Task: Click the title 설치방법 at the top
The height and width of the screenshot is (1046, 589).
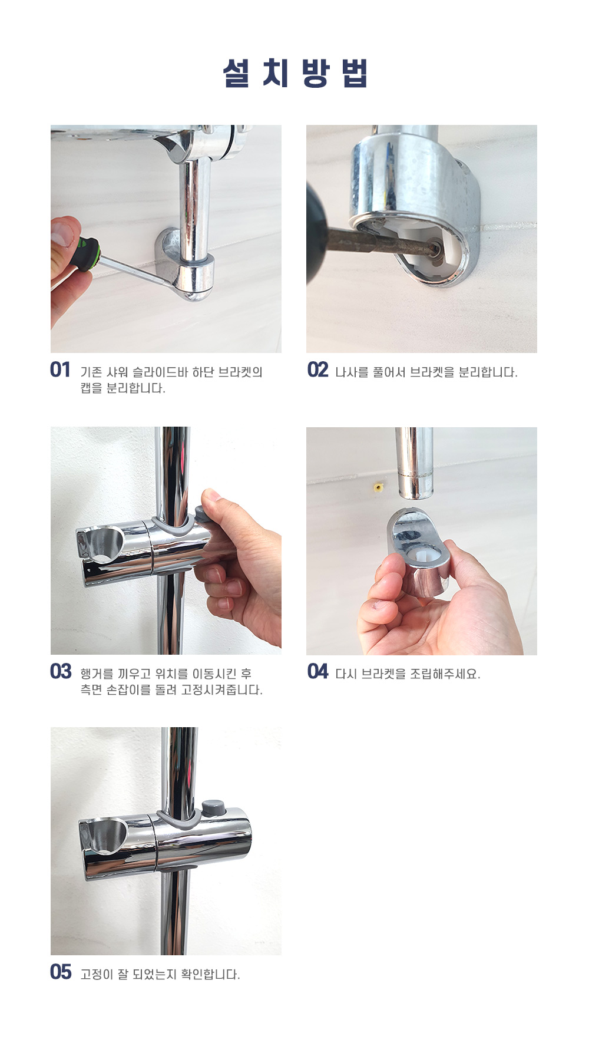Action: click(295, 74)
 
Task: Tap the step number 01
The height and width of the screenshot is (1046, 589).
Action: click(60, 370)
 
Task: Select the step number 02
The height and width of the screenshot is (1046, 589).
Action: click(317, 370)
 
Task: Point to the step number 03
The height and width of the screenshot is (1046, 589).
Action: click(61, 672)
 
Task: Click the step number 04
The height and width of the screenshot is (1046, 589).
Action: click(317, 672)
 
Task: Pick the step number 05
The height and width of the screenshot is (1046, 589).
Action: click(61, 972)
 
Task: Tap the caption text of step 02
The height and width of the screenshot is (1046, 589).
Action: click(426, 372)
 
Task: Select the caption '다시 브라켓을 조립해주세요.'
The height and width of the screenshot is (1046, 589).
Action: click(408, 674)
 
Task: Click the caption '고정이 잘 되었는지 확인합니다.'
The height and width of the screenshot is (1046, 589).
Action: click(160, 975)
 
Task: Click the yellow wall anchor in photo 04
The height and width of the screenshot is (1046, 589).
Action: click(377, 487)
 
